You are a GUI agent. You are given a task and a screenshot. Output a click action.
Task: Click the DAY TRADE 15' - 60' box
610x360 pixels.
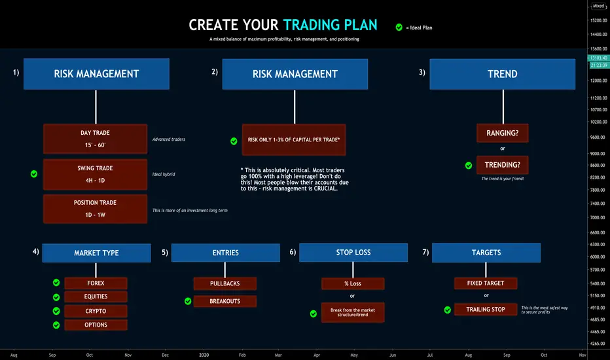pos(96,139)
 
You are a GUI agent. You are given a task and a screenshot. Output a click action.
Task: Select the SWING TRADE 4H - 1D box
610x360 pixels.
pos(96,174)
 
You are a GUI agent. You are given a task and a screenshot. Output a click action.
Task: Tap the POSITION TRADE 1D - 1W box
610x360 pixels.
pos(96,209)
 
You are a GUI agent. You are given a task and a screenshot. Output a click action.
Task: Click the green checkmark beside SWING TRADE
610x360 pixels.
pos(34,174)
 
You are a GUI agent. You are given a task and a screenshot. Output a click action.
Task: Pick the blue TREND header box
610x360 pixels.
pos(502,74)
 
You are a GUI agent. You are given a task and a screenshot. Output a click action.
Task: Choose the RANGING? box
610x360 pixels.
pos(502,133)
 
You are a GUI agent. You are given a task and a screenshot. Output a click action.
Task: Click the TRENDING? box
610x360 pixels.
pos(502,165)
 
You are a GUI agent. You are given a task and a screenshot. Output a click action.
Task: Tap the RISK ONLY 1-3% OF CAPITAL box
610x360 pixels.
pos(294,139)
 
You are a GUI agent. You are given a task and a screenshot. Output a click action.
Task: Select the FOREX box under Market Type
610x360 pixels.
pos(96,283)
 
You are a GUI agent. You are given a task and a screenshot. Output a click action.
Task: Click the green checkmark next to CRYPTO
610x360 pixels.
pos(56,311)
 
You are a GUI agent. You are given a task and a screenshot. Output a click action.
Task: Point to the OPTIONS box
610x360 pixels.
pos(96,325)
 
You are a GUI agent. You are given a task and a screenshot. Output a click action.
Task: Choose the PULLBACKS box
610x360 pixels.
pos(225,283)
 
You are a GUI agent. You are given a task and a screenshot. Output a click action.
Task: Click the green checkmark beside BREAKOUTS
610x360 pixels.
pos(188,301)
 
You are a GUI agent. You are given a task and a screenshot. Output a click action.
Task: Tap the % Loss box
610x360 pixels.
pos(353,283)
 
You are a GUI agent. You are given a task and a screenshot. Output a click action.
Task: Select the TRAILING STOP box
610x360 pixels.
pos(486,310)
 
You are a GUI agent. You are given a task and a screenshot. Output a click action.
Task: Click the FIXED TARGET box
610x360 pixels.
pos(486,283)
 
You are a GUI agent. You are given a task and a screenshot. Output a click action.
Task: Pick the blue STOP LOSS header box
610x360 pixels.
pos(353,253)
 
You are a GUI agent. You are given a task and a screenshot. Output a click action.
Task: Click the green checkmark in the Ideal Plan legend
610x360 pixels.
pos(399,27)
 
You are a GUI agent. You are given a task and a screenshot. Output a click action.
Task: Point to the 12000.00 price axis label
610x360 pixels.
pos(598,81)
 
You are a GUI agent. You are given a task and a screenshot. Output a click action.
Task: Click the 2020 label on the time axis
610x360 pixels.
pos(204,355)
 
